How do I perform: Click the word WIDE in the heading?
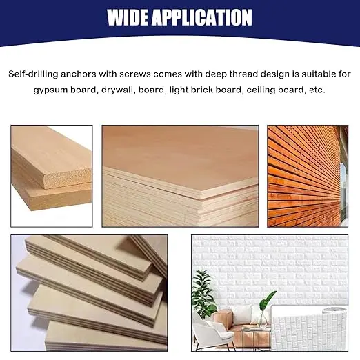(x=127, y=17)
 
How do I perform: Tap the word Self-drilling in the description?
(x=33, y=74)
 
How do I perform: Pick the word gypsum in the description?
(x=50, y=90)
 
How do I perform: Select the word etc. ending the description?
(x=317, y=90)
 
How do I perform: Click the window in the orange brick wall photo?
(x=343, y=191)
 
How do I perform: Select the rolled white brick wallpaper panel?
(x=309, y=328)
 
